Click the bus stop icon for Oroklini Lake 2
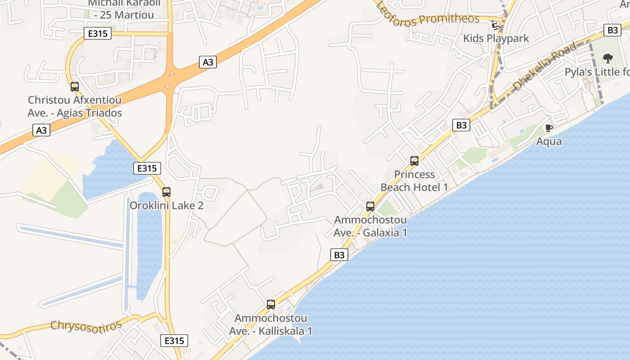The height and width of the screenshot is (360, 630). pyautogui.click(x=166, y=192)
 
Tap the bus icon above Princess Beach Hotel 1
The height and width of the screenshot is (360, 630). pyautogui.click(x=414, y=161)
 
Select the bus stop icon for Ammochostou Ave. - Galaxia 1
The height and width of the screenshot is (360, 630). pyautogui.click(x=370, y=207)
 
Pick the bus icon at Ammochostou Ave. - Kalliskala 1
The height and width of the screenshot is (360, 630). pyautogui.click(x=271, y=305)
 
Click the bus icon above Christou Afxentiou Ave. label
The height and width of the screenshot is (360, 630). pyautogui.click(x=75, y=87)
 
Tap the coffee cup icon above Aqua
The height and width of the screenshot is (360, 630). pyautogui.click(x=549, y=128)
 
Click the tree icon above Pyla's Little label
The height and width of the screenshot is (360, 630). pyautogui.click(x=608, y=58)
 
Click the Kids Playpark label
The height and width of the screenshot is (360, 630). pyautogui.click(x=496, y=38)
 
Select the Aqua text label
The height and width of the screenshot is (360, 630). pyautogui.click(x=549, y=141)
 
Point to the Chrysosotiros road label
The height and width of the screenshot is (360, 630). pyautogui.click(x=86, y=325)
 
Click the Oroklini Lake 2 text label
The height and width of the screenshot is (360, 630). pyautogui.click(x=166, y=206)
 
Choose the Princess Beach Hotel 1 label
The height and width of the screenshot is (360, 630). pyautogui.click(x=414, y=181)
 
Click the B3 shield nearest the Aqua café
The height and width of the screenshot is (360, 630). pyautogui.click(x=461, y=125)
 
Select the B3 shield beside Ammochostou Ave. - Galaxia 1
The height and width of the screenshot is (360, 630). pyautogui.click(x=339, y=255)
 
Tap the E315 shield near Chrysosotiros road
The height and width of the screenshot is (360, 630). pyautogui.click(x=174, y=341)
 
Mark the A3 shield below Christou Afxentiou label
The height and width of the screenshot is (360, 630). pyautogui.click(x=41, y=130)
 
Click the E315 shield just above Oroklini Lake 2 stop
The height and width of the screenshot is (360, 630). pyautogui.click(x=147, y=168)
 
